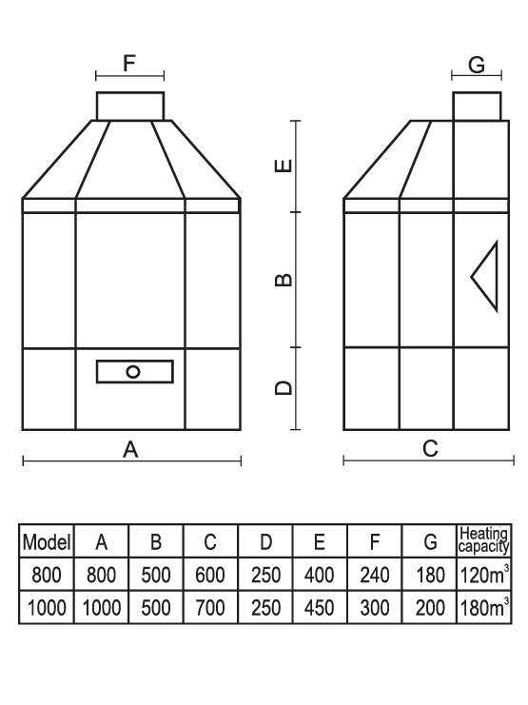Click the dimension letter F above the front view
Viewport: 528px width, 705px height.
pos(129,64)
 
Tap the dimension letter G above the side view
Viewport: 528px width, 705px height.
pos(477,65)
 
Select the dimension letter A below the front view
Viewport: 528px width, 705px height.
pos(130,449)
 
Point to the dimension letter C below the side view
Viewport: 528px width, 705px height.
pos(430,448)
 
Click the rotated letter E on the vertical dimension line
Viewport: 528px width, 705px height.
pos(284,166)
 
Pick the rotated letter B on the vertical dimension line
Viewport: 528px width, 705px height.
pos(284,280)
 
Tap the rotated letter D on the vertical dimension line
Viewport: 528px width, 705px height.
pos(284,387)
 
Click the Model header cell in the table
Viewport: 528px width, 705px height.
pos(47,541)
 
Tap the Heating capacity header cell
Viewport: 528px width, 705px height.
pos(484,540)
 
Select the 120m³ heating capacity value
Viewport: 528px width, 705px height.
pos(484,574)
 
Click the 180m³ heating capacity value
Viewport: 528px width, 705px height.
pos(484,607)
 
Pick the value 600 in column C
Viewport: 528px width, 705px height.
pos(210,575)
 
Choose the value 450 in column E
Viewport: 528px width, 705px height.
pos(320,608)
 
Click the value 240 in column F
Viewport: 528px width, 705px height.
pos(374,575)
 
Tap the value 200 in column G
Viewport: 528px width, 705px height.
pos(430,608)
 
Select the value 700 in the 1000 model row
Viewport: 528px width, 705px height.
pos(210,608)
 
